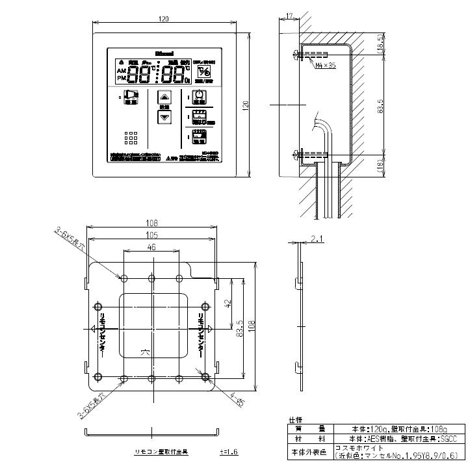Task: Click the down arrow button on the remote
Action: pyautogui.click(x=164, y=118)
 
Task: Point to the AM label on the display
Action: pyautogui.click(x=122, y=70)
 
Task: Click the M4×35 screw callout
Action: pyautogui.click(x=325, y=66)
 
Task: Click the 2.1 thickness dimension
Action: pyautogui.click(x=317, y=239)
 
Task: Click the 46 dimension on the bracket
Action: pyautogui.click(x=151, y=248)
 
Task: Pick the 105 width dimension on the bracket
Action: pyautogui.click(x=151, y=235)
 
